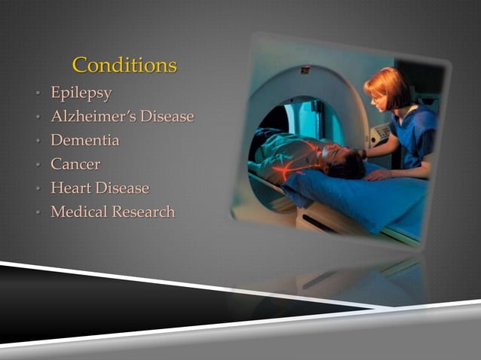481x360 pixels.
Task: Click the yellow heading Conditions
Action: tap(124, 66)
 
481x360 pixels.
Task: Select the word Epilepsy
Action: tap(81, 94)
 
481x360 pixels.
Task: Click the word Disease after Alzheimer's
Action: tap(167, 117)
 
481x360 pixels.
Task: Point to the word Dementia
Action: tap(84, 140)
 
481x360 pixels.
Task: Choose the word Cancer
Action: tap(75, 163)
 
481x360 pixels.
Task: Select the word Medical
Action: tap(79, 212)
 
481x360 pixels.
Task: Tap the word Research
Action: tap(143, 212)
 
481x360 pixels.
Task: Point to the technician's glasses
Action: tap(375, 97)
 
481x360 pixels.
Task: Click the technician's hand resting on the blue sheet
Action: tap(378, 175)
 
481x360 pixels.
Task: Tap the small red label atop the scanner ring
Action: tap(305, 70)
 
